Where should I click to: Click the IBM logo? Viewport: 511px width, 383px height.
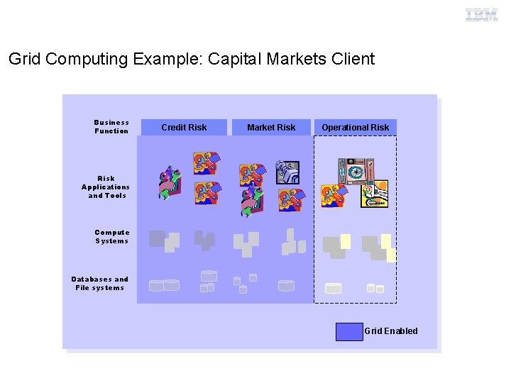(x=481, y=15)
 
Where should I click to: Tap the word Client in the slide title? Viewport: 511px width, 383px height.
(x=352, y=59)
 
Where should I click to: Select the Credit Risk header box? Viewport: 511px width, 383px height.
(x=184, y=128)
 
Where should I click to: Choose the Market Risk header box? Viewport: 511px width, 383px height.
(x=271, y=128)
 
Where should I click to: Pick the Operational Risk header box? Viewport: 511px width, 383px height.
(x=355, y=128)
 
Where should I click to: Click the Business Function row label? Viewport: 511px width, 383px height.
(x=111, y=127)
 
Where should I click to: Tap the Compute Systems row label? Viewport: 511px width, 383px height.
(x=112, y=237)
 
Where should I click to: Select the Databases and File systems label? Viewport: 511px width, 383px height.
(x=100, y=284)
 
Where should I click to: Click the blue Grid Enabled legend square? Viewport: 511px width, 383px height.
(x=348, y=331)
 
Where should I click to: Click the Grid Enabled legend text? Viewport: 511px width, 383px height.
(x=391, y=331)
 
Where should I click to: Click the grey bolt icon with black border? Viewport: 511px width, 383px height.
(x=287, y=172)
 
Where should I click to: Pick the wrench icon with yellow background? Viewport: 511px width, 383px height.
(x=374, y=194)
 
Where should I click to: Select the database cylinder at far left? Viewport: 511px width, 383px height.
(x=156, y=286)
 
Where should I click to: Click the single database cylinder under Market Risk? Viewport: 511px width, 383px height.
(x=286, y=285)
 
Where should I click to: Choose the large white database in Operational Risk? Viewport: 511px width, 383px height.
(x=333, y=288)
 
